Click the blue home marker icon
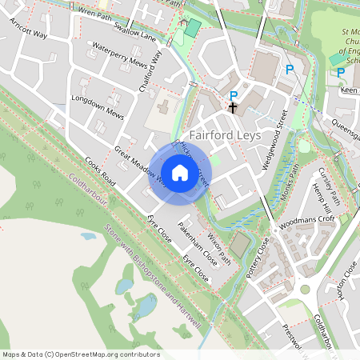[x=180, y=172]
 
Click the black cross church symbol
[x=233, y=106]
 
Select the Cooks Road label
[x=100, y=172]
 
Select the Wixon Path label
[x=220, y=249]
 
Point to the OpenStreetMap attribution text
[x=81, y=354]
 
